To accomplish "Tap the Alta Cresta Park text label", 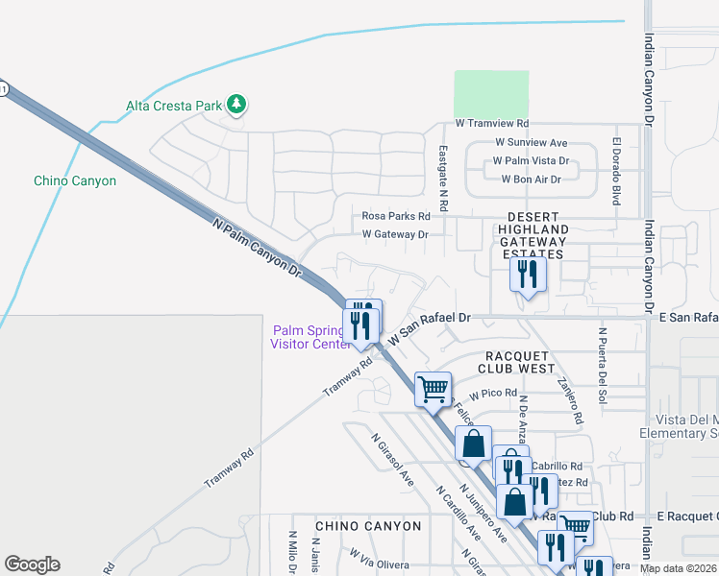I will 173,106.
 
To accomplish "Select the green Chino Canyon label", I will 75,180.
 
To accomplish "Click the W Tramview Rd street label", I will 492,124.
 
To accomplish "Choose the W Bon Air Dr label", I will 531,179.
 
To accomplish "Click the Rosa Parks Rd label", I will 396,217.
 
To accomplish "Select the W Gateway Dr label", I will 394,234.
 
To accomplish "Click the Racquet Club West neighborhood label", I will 516,361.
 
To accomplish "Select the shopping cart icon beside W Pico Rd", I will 433,389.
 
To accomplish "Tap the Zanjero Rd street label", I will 569,400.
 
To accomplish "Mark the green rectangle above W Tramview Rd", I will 491,94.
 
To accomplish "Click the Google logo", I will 32,564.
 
